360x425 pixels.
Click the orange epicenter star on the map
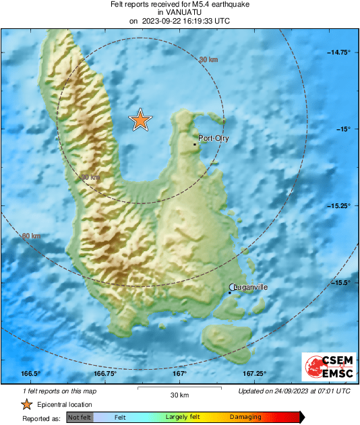coord(140,120)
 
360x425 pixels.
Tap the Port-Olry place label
coord(214,138)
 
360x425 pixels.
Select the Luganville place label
coord(251,287)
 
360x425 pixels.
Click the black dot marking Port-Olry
coord(195,144)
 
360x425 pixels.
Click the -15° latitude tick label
coord(342,129)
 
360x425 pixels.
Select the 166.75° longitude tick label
coord(105,374)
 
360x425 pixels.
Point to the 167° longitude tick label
coord(180,374)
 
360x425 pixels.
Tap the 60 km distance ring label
coord(31,236)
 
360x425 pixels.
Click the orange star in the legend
coord(26,404)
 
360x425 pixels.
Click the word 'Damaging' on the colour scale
coord(245,418)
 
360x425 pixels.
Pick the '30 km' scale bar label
coord(179,394)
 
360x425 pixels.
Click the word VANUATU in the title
coord(179,13)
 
